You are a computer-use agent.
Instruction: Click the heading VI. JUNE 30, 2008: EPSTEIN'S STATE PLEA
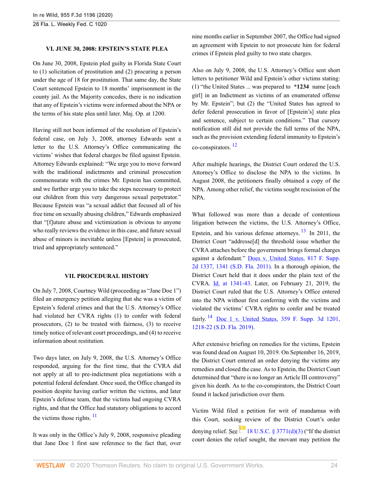tap(107, 48)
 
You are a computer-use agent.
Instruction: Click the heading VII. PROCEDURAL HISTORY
tap(107, 276)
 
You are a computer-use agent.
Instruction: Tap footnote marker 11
tap(94, 415)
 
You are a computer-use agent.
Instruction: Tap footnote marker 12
tap(234, 145)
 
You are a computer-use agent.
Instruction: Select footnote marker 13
tap(303, 231)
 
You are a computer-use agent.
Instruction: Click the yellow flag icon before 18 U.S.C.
tap(242, 429)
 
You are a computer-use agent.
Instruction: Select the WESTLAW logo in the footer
tap(50, 465)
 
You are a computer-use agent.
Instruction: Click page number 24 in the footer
tap(334, 465)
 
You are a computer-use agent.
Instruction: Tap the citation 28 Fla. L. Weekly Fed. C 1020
tap(70, 24)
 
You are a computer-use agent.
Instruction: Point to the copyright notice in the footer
tap(167, 465)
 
